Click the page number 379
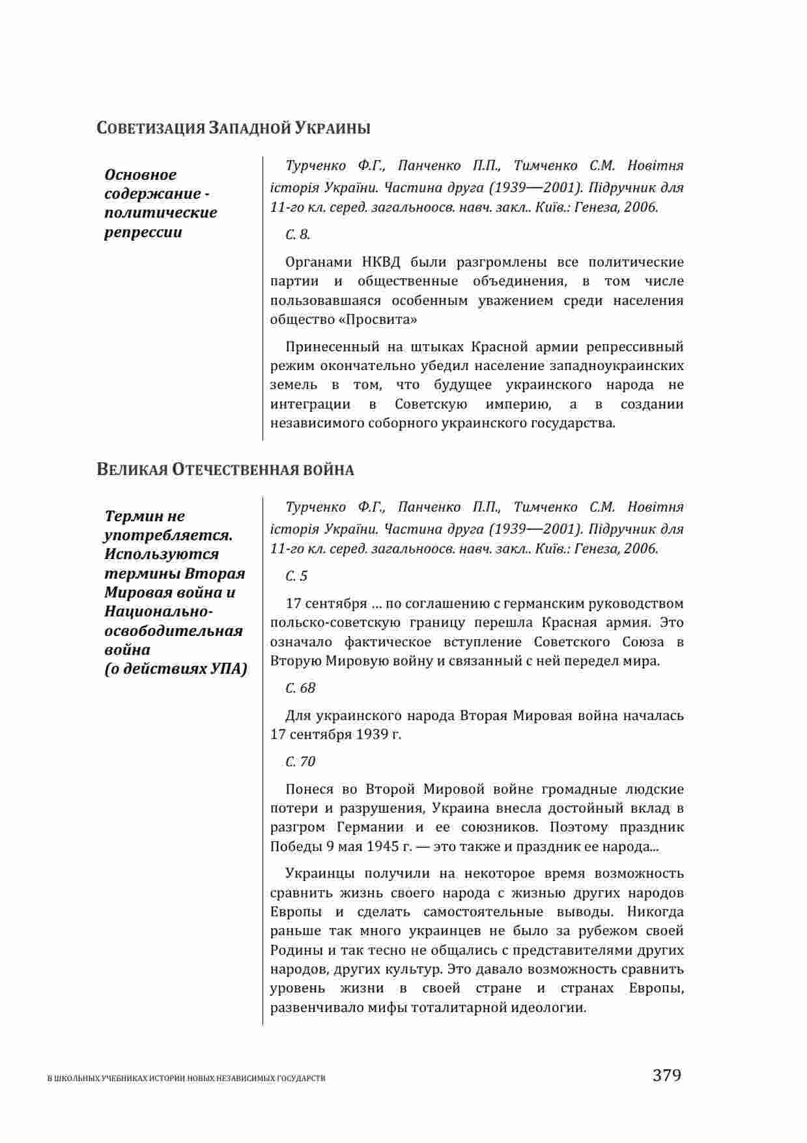666,1075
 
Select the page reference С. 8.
298,235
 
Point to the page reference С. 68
300,688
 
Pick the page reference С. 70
300,761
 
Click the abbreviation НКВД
379,263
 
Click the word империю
515,404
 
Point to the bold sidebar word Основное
141,175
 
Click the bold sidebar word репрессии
143,233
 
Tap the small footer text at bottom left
187,1079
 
